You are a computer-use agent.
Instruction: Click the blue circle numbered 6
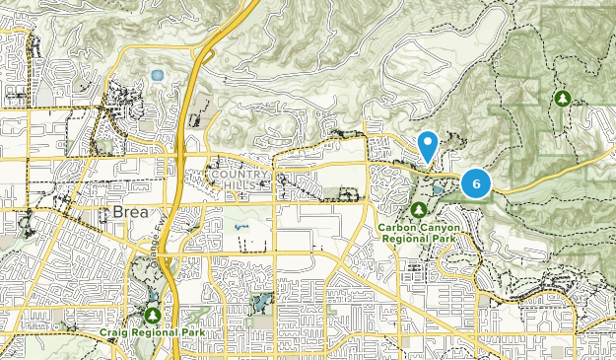point(476,182)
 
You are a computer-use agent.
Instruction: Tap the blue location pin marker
point(428,146)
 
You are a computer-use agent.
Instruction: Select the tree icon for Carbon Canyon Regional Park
point(419,210)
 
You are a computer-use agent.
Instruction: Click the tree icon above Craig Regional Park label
point(152,315)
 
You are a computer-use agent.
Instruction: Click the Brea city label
point(121,213)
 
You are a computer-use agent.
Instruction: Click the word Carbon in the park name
point(396,226)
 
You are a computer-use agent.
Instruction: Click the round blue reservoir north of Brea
point(157,75)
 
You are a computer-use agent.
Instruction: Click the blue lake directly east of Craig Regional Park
point(260,302)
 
